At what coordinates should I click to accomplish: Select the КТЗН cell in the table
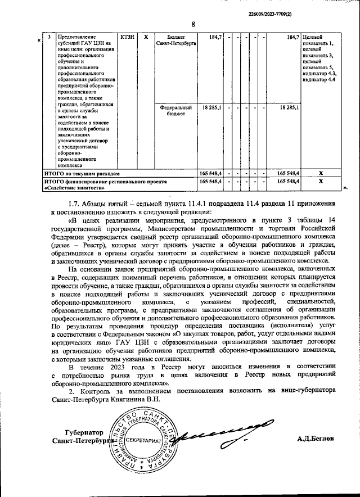(128, 37)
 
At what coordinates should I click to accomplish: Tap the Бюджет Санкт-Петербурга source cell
(175, 40)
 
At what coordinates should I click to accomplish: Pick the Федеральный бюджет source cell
(175, 110)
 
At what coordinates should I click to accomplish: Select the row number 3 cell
(49, 37)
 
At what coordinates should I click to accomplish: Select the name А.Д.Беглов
(316, 437)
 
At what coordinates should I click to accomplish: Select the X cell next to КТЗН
(146, 37)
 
